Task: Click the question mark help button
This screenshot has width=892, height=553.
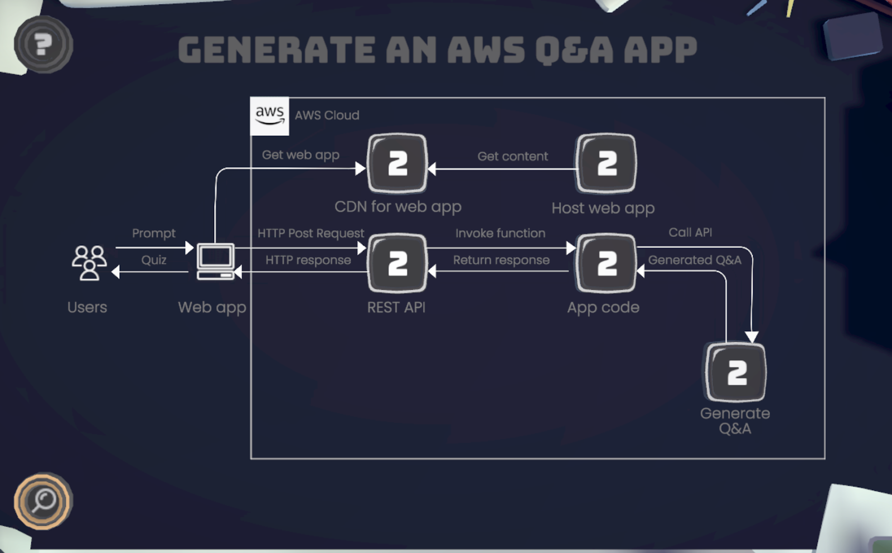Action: tap(43, 44)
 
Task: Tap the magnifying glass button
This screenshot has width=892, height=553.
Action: tap(43, 501)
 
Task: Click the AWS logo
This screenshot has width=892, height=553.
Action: tap(270, 116)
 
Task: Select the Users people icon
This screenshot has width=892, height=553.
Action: tap(89, 263)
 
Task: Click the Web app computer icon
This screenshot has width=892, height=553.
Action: tap(216, 261)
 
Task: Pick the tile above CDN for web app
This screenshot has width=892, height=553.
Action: tap(397, 163)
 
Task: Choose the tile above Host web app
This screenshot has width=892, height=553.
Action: tap(606, 163)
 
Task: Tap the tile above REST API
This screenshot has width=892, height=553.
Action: tap(397, 263)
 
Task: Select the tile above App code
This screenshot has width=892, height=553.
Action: tap(606, 263)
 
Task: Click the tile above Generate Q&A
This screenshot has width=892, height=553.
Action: tap(736, 372)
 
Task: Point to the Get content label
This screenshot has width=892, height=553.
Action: tap(512, 157)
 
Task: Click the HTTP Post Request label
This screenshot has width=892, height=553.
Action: tap(311, 233)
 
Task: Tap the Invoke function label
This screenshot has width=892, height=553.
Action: tap(500, 233)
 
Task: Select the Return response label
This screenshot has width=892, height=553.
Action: tap(501, 260)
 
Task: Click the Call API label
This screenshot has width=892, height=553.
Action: tap(690, 232)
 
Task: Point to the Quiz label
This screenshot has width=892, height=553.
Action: tap(154, 260)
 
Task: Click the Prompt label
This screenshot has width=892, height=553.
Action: tap(154, 233)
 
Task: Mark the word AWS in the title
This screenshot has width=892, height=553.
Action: tap(486, 50)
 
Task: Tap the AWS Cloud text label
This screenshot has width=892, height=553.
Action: tap(327, 115)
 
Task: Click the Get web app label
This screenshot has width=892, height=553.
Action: tap(300, 155)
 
